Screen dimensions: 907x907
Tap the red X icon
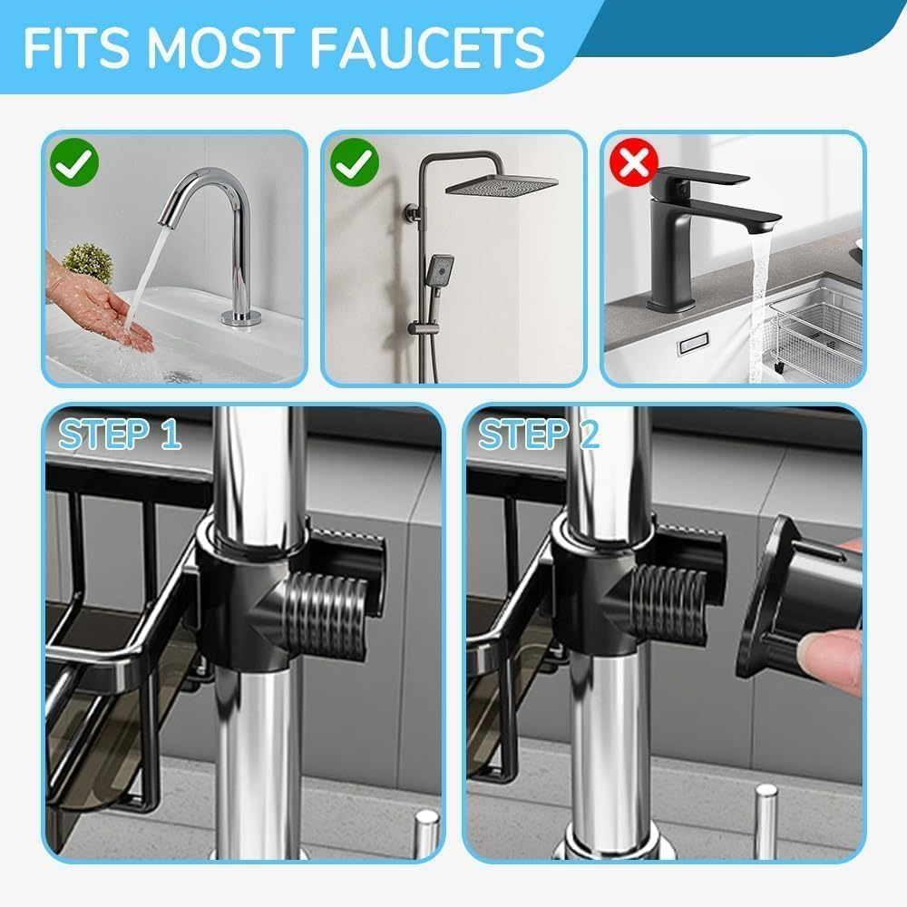[633, 163]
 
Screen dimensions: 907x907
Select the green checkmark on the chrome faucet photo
[74, 163]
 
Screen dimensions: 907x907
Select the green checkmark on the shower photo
[354, 163]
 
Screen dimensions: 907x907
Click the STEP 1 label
[120, 434]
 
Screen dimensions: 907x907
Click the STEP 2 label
[539, 434]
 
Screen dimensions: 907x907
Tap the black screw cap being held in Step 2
[789, 599]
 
